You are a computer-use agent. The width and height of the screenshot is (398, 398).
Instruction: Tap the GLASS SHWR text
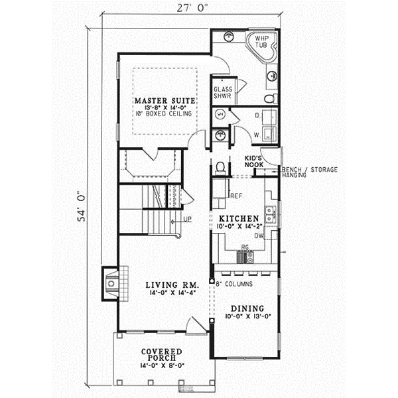coord(222,92)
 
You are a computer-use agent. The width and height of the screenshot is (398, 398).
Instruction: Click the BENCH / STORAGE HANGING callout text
coord(309,172)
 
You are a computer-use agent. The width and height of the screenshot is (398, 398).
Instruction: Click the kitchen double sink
coord(271,214)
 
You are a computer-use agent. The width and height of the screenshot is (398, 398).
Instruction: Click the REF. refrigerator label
coord(236,196)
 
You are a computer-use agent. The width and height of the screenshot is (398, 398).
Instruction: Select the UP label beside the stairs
coord(188,219)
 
